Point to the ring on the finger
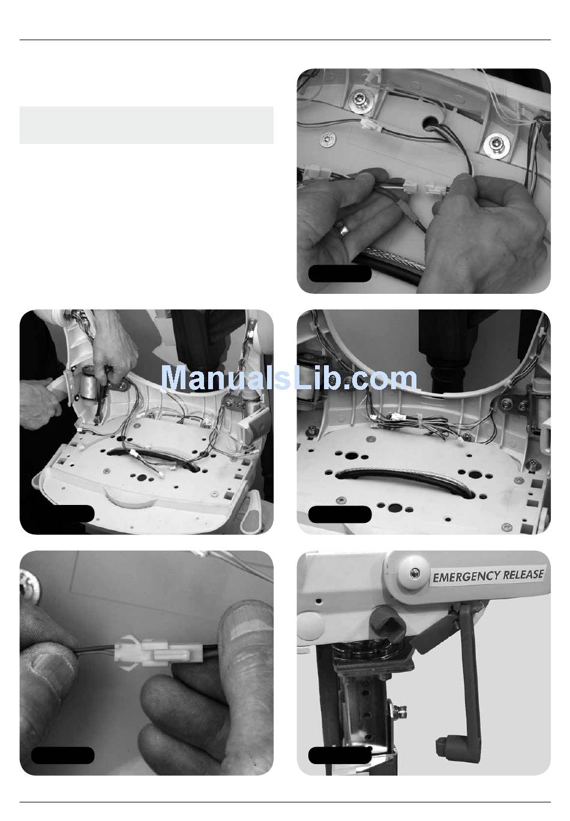[x=343, y=229]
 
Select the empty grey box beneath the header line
[x=146, y=125]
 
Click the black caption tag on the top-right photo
[x=340, y=273]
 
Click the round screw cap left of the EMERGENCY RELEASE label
[x=414, y=571]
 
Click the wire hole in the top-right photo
[x=429, y=122]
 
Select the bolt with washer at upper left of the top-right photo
[x=358, y=98]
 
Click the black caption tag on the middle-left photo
[x=63, y=513]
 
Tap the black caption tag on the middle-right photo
[x=340, y=513]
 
